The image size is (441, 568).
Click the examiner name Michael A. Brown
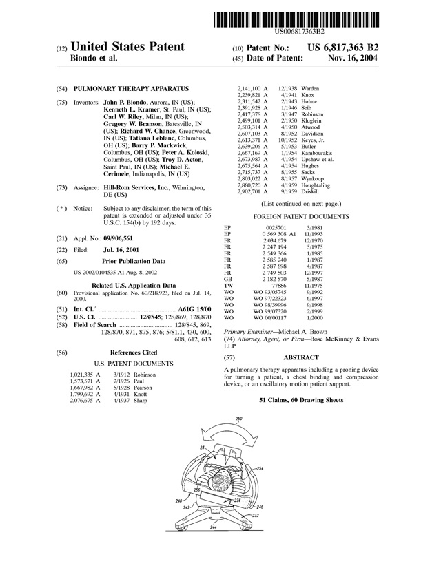301,332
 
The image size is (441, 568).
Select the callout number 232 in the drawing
255,515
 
